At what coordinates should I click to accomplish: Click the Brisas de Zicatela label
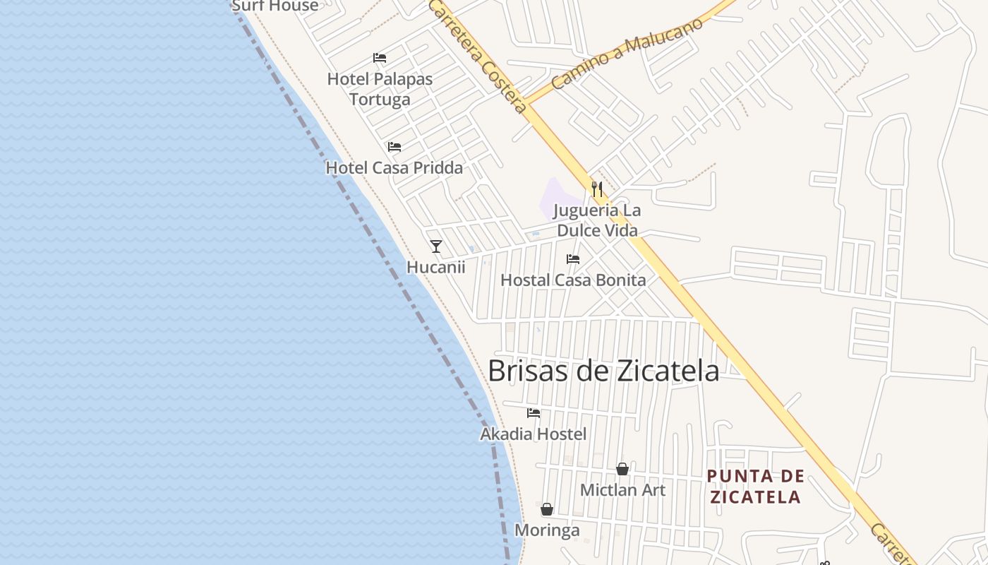click(x=603, y=371)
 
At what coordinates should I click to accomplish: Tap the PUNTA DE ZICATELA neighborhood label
click(x=755, y=487)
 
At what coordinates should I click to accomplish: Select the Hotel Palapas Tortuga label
click(x=380, y=89)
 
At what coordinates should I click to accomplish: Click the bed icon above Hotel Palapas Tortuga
click(x=380, y=58)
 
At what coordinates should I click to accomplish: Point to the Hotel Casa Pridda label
click(x=394, y=168)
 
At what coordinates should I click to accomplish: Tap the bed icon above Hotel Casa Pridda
click(x=394, y=147)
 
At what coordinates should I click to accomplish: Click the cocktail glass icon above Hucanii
click(x=436, y=246)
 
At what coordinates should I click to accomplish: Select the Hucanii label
click(x=436, y=267)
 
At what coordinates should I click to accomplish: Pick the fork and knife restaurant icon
click(x=597, y=189)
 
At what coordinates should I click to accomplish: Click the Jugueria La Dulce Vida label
click(x=597, y=220)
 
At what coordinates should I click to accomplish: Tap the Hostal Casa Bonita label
click(x=573, y=280)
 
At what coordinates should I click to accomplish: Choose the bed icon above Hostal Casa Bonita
click(x=573, y=259)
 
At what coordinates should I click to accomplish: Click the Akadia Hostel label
click(x=533, y=434)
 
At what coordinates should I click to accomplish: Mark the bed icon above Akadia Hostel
click(x=534, y=413)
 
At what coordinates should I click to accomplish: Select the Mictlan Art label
click(x=622, y=489)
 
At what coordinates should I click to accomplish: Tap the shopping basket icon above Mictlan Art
click(x=622, y=469)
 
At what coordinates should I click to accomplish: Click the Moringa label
click(x=547, y=530)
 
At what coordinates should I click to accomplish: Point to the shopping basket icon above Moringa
click(x=547, y=509)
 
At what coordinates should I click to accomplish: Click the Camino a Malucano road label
click(x=627, y=54)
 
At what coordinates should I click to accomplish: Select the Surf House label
click(x=275, y=6)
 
